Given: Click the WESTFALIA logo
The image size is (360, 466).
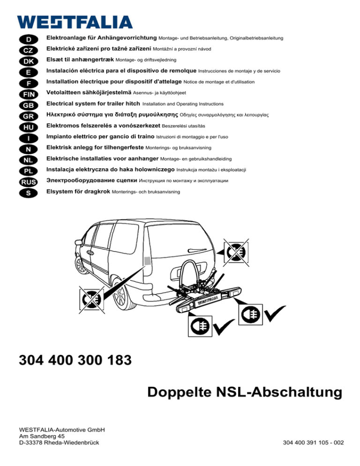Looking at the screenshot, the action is click(75, 22).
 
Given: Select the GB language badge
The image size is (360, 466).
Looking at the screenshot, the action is click(29, 105).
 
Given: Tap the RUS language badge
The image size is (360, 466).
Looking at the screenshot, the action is click(29, 180).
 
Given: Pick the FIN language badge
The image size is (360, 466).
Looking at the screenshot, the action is click(29, 94).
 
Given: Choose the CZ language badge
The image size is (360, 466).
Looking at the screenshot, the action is click(29, 50).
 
